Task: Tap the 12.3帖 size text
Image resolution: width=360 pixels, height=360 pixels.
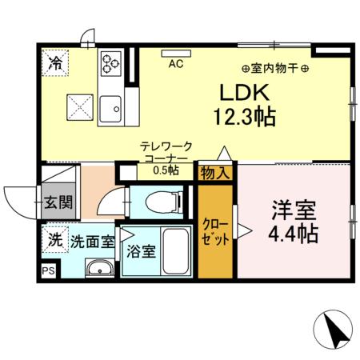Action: (244, 117)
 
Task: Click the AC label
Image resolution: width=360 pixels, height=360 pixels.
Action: (176, 66)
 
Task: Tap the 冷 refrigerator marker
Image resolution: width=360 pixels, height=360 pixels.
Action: (55, 62)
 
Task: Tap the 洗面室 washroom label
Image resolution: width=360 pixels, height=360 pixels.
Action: (92, 239)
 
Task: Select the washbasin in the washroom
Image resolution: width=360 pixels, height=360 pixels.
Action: (99, 268)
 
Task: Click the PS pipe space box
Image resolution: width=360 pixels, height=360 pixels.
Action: (49, 271)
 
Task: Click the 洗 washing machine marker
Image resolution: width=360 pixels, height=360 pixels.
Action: (54, 238)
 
